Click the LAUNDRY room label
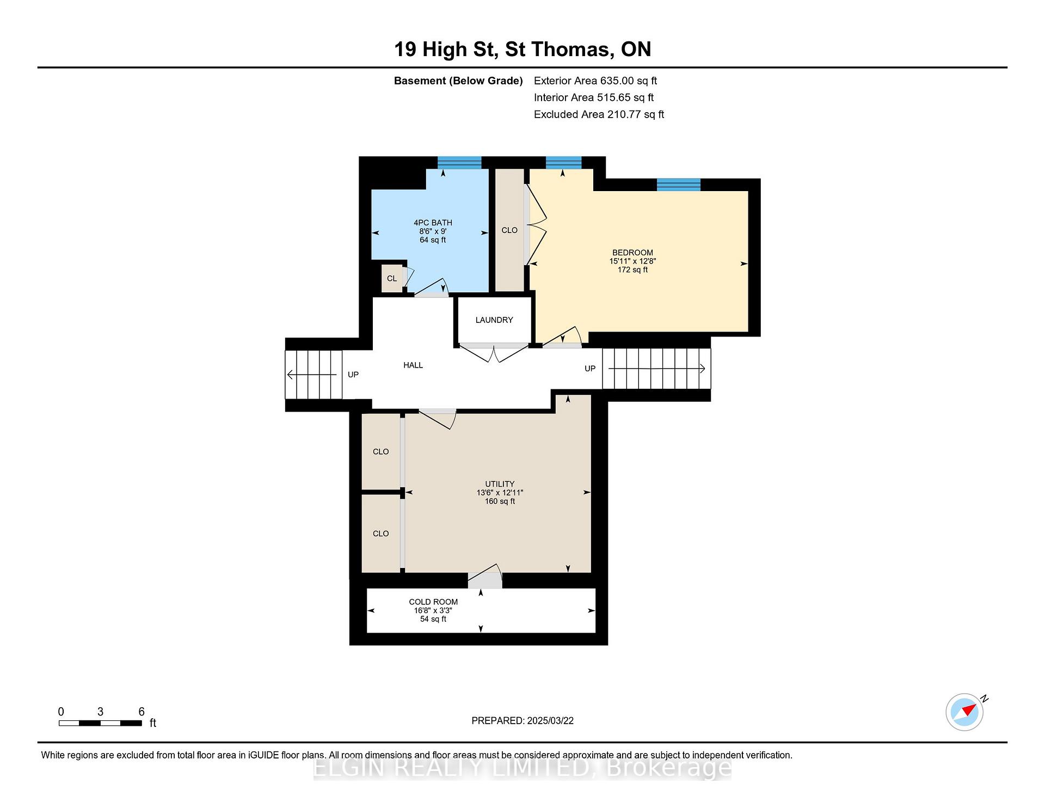click(x=494, y=320)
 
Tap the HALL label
click(x=413, y=365)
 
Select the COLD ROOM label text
click(x=433, y=602)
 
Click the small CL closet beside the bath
click(x=392, y=278)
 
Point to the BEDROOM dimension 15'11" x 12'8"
click(x=632, y=261)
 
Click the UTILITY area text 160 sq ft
click(x=500, y=501)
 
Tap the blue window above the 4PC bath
click(x=459, y=163)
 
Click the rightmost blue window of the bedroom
click(x=678, y=185)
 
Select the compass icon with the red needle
click(x=965, y=712)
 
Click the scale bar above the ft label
click(x=100, y=724)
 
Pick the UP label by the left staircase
click(x=353, y=375)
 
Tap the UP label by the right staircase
click(x=590, y=369)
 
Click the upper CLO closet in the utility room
click(x=381, y=452)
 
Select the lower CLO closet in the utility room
click(x=381, y=534)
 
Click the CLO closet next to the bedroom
click(x=509, y=230)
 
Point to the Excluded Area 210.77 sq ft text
click(x=599, y=114)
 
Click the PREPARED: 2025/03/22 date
click(x=522, y=721)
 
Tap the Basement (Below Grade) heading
click(x=458, y=81)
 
